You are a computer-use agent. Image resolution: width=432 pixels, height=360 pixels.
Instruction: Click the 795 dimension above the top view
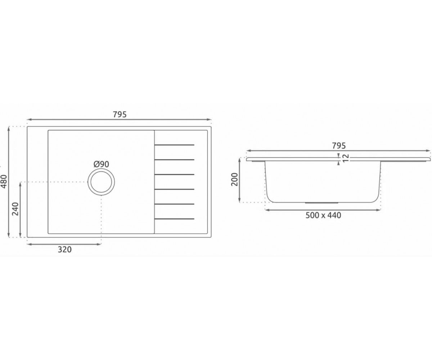pyautogui.click(x=120, y=114)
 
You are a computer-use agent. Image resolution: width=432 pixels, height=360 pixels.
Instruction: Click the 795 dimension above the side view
pyautogui.click(x=339, y=146)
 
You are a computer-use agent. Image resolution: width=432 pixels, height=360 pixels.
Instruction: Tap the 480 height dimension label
pyautogui.click(x=4, y=182)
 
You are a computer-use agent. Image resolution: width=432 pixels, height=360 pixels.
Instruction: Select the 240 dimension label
pyautogui.click(x=15, y=209)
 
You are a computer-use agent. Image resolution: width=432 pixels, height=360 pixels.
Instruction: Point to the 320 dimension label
pyautogui.click(x=64, y=249)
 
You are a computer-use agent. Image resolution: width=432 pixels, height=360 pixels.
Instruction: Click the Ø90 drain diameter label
pyautogui.click(x=101, y=164)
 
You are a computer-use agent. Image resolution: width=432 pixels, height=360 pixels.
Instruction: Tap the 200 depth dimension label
pyautogui.click(x=235, y=180)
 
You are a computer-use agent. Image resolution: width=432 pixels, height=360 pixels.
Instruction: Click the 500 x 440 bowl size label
pyautogui.click(x=323, y=215)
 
